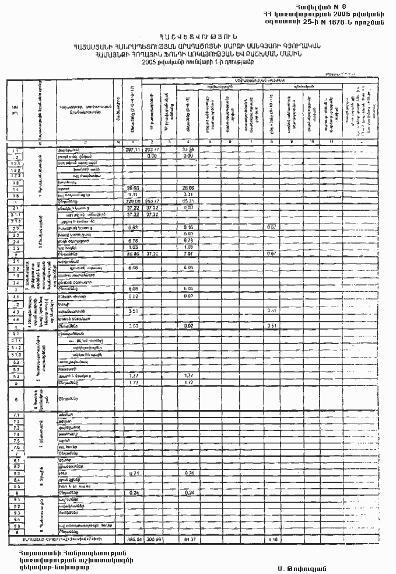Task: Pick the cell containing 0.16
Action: click(188, 227)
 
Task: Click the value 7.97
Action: click(188, 255)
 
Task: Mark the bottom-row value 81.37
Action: click(188, 538)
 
